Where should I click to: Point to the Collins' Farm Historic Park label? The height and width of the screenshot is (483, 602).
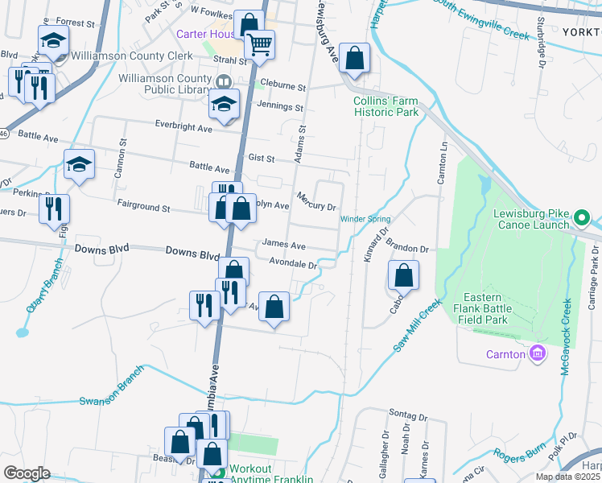click(386, 106)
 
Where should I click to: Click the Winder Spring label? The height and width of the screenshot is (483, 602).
click(365, 219)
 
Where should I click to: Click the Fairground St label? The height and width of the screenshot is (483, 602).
click(143, 208)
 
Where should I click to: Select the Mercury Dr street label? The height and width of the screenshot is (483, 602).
click(315, 201)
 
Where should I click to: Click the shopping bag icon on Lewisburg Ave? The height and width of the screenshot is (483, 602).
click(354, 58)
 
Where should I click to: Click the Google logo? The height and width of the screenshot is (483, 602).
click(27, 473)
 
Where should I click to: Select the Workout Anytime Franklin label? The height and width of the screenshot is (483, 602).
click(270, 474)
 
